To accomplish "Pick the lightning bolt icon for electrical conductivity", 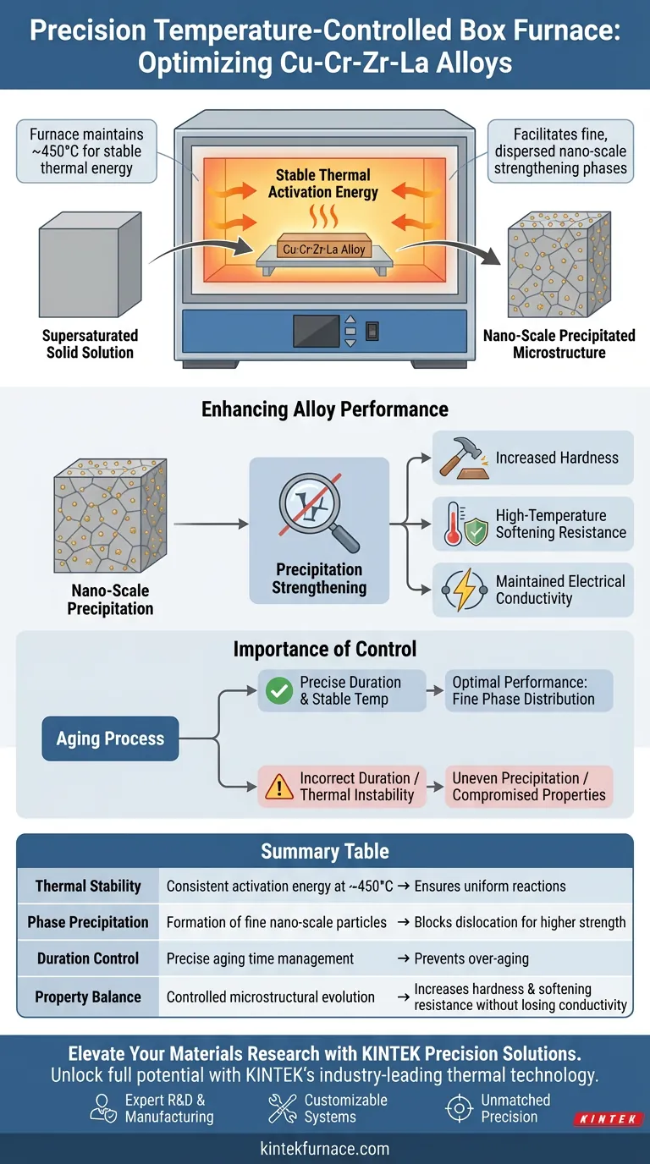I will (x=461, y=590).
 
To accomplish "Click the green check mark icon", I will (x=278, y=691).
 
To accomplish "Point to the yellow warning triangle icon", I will (x=278, y=787).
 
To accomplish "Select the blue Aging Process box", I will (x=110, y=738).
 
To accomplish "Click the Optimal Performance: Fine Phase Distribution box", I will (x=528, y=691).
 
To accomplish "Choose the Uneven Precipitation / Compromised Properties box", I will (x=529, y=787).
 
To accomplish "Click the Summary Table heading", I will (x=325, y=851).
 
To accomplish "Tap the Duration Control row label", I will (x=88, y=958).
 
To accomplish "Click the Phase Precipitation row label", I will (x=88, y=922).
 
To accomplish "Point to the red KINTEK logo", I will (x=608, y=1118).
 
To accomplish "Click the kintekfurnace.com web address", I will (x=325, y=1148).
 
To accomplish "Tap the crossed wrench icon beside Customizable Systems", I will (x=282, y=1108).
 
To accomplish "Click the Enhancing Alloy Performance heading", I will (x=325, y=409).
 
